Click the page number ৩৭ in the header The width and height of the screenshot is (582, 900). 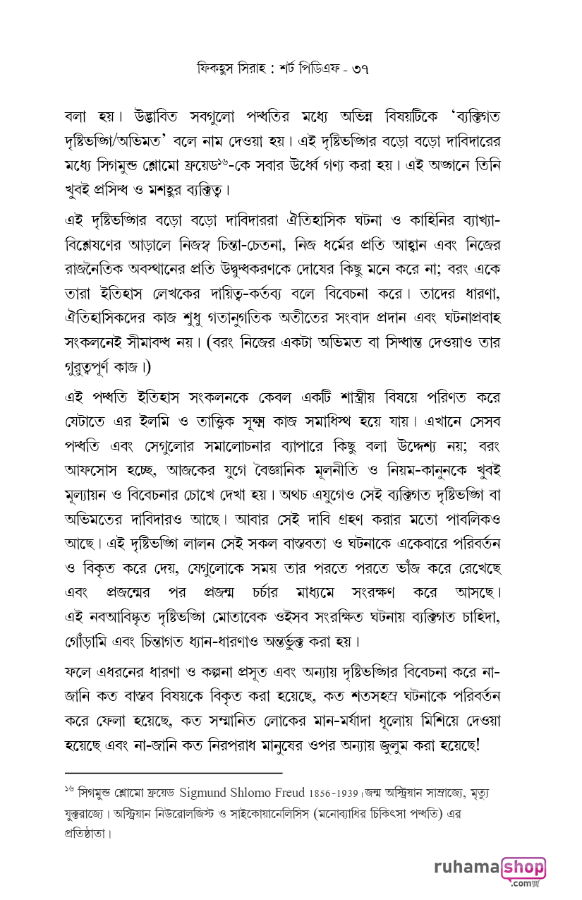pos(358,69)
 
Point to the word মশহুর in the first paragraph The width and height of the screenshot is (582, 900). pos(165,191)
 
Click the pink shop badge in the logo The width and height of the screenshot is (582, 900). pos(523,868)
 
